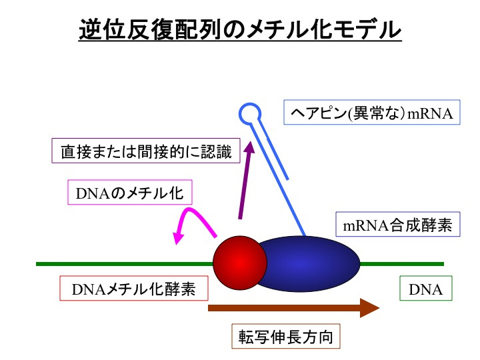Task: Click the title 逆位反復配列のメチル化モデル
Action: pyautogui.click(x=240, y=30)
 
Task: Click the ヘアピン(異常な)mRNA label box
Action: pyautogui.click(x=371, y=113)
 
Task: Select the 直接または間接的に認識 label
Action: pyautogui.click(x=146, y=151)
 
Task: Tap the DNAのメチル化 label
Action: pyautogui.click(x=130, y=192)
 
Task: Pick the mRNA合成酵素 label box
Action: pyautogui.click(x=397, y=225)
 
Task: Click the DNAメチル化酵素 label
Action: pyautogui.click(x=134, y=289)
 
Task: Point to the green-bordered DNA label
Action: pyautogui.click(x=426, y=289)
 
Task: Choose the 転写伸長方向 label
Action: pyautogui.click(x=285, y=336)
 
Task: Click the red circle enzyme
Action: pyautogui.click(x=240, y=263)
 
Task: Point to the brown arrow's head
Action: pyautogui.click(x=370, y=307)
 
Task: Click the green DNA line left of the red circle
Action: pyautogui.click(x=125, y=264)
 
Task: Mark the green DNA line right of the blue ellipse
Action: pyautogui.click(x=401, y=264)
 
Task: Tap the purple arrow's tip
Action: pyautogui.click(x=251, y=142)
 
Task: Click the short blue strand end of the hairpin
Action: pyautogui.click(x=287, y=179)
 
